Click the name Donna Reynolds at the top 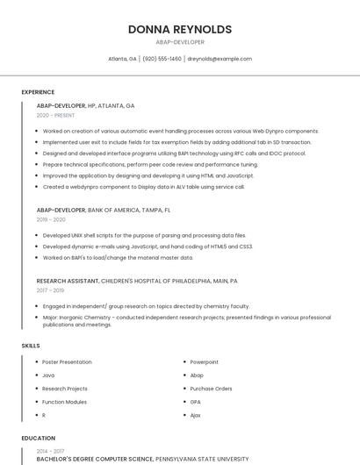pos(180,29)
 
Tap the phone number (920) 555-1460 pos(162,59)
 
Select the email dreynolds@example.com pos(220,59)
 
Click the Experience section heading pos(38,92)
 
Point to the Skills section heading pos(31,346)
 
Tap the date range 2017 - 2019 pos(50,290)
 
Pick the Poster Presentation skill pos(67,361)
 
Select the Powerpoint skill pos(204,361)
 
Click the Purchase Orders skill pos(211,388)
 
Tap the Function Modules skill pos(64,401)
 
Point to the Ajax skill pos(196,414)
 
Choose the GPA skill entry pos(196,401)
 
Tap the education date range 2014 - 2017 pos(50,450)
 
